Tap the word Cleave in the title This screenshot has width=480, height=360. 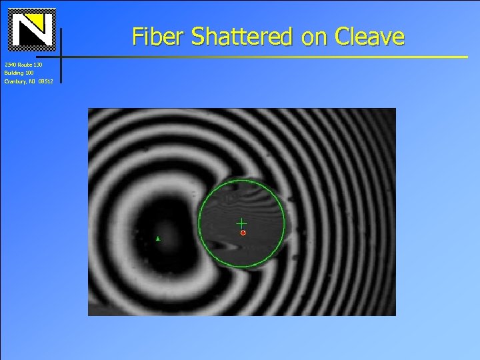pos(369,37)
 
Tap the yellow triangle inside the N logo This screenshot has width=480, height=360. pos(40,23)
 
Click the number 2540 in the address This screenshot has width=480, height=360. pos(10,64)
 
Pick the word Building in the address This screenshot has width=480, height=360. pos(14,72)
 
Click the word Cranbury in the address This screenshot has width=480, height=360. pos(15,81)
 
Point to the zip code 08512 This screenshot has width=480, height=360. pos(45,81)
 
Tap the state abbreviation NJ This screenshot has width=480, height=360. pos(32,81)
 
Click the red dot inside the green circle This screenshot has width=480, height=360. pos(243,233)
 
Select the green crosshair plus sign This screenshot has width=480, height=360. pos(241,223)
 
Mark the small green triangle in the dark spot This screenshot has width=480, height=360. pos(158,238)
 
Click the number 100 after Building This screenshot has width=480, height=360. pos(29,72)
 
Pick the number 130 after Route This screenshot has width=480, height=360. pos(39,64)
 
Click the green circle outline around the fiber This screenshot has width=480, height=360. pos(199,223)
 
